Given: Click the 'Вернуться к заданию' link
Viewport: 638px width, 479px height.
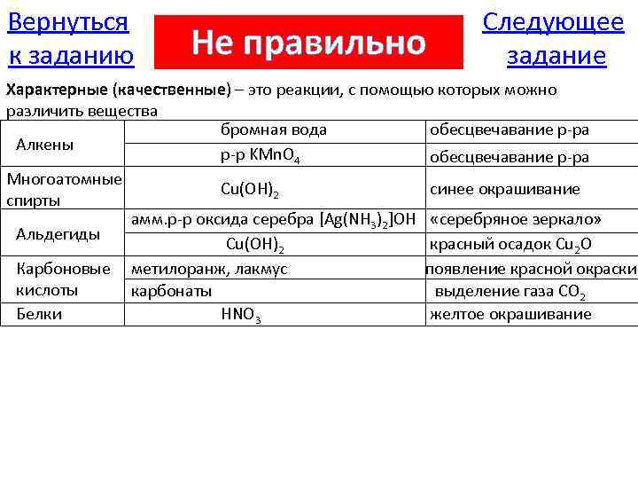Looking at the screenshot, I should point(70,39).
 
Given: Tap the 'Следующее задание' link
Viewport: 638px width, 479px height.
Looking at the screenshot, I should point(553,39).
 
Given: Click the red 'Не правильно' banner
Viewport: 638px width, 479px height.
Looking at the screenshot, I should point(308,42).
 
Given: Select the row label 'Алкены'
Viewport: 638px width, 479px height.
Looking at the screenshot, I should point(45,145).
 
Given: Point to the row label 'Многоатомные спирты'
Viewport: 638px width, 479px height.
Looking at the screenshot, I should point(64,189).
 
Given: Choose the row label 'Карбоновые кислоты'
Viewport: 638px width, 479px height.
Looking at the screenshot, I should point(63,279).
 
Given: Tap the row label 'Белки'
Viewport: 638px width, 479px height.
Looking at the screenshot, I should point(39,314).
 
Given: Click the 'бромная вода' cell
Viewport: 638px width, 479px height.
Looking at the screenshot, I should point(273,130).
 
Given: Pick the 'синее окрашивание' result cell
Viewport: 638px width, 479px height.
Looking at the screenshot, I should point(504,189).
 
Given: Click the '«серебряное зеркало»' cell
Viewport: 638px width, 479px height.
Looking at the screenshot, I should point(516,219).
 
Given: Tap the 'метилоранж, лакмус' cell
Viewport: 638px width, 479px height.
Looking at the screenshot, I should point(209,269).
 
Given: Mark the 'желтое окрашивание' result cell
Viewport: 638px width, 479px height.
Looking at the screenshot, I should point(510,314).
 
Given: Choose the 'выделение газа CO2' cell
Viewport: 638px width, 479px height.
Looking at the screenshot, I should point(510,292).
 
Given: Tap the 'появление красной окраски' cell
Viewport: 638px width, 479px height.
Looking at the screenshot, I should point(531,269).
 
